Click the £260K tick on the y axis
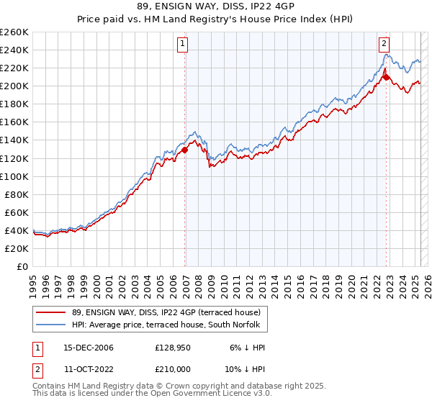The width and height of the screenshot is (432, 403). pos(14,32)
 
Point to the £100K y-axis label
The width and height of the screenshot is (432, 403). pos(14,176)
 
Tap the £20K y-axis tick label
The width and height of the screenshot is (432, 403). pos(17,248)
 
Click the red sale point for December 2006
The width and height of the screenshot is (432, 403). pos(185,150)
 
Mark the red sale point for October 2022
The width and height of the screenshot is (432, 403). pos(386,77)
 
